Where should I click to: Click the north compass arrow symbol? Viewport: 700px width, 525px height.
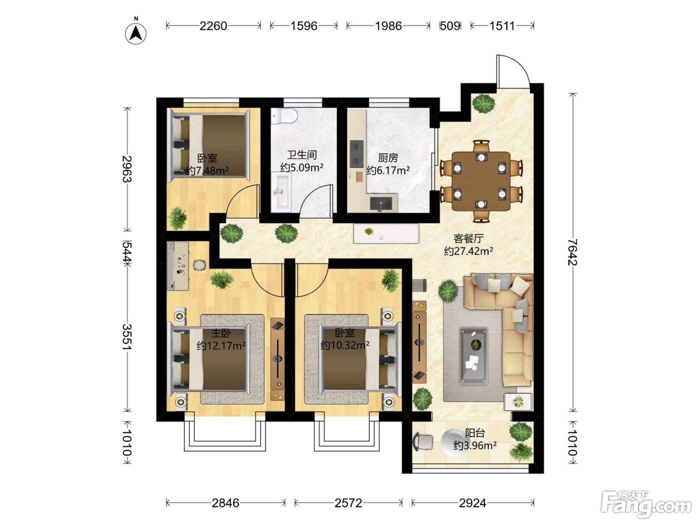click(136, 32)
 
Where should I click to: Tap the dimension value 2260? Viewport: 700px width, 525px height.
click(213, 26)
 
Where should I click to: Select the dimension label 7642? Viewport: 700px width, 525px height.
click(573, 252)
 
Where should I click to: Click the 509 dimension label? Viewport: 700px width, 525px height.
click(450, 26)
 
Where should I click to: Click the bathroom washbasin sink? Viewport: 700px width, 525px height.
click(281, 191)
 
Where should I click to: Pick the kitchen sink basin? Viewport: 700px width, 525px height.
click(381, 203)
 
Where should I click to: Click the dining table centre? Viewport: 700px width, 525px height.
click(481, 180)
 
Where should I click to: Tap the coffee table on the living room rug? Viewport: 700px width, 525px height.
click(473, 355)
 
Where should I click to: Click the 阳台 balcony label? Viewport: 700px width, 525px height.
click(475, 433)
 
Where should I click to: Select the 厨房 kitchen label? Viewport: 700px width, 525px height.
click(388, 158)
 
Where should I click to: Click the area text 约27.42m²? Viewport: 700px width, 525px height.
click(468, 251)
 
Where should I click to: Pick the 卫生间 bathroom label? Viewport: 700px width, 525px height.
click(301, 155)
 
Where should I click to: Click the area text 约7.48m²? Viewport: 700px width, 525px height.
click(207, 171)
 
